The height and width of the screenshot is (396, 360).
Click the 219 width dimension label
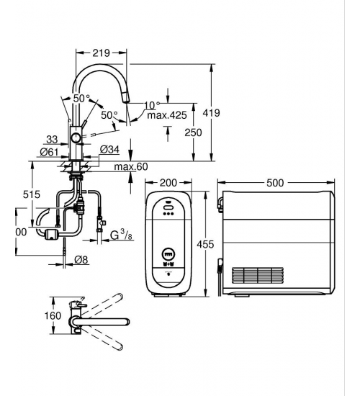pyautogui.click(x=101, y=53)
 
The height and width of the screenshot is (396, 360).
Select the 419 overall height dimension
pyautogui.click(x=211, y=113)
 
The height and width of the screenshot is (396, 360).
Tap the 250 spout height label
pyautogui.click(x=193, y=132)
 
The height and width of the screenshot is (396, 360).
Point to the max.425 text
pyautogui.click(x=167, y=115)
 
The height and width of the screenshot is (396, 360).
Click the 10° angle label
pyautogui.click(x=153, y=105)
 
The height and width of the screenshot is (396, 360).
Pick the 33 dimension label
pyautogui.click(x=52, y=140)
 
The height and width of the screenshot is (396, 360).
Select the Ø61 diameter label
pyautogui.click(x=49, y=153)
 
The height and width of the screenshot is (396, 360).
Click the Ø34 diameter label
pyautogui.click(x=109, y=150)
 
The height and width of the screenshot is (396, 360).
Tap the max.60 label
pyautogui.click(x=131, y=167)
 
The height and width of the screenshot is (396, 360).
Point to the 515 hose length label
pyautogui.click(x=32, y=194)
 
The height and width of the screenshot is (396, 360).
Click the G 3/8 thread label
pyautogui.click(x=121, y=235)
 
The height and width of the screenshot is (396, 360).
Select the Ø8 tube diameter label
pyautogui.click(x=81, y=260)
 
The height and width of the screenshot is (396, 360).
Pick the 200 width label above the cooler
pyautogui.click(x=168, y=183)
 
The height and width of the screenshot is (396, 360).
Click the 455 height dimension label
pyautogui.click(x=205, y=245)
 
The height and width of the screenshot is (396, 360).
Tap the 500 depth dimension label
pyautogui.click(x=275, y=183)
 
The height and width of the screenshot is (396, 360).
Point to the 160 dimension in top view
pyautogui.click(x=53, y=315)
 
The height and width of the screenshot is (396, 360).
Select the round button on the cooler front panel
pyautogui.click(x=168, y=253)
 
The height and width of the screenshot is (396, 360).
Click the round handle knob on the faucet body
pyautogui.click(x=76, y=138)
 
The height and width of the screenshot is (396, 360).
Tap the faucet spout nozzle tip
pyautogui.click(x=126, y=102)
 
